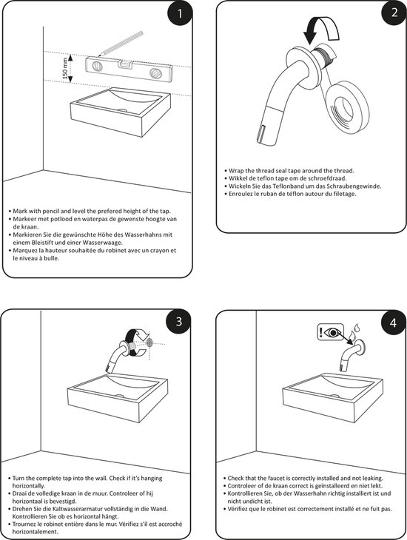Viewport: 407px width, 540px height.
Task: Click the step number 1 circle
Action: (x=180, y=14)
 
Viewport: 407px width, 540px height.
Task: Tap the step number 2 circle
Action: (x=394, y=13)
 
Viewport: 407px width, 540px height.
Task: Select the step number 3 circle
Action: (x=178, y=321)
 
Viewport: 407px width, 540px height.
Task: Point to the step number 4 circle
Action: (x=393, y=323)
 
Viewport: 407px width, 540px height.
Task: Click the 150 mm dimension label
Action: (x=65, y=69)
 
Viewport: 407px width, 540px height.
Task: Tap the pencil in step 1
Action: (x=121, y=44)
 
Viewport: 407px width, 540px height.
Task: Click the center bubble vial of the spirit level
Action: (x=125, y=64)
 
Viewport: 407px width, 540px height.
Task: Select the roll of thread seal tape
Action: (x=346, y=107)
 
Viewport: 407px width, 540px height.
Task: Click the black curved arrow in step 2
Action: (x=321, y=30)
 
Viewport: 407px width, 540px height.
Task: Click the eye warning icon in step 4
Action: (x=330, y=332)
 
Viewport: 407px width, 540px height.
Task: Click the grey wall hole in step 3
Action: (x=149, y=342)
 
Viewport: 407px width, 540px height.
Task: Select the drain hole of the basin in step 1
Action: (x=122, y=110)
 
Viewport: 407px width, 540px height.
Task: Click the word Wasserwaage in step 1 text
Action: (x=106, y=243)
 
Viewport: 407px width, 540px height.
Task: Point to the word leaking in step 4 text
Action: (x=371, y=479)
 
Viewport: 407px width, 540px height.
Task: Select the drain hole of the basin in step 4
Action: (x=334, y=396)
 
